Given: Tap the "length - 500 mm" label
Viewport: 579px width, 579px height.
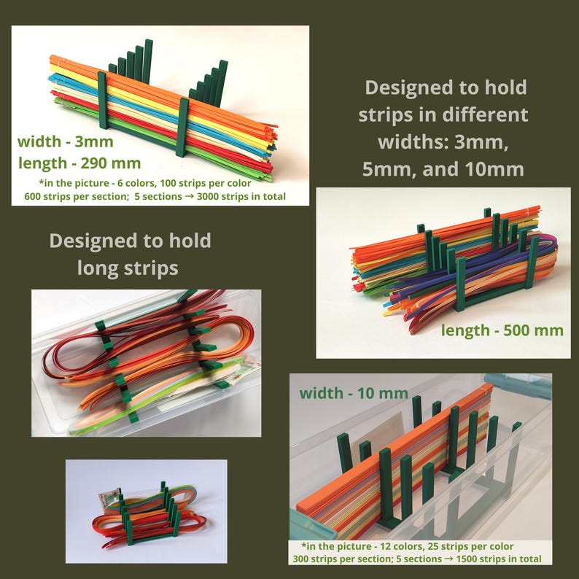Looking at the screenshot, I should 502,330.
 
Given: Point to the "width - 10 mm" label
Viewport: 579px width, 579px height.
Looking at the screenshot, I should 354,393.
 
